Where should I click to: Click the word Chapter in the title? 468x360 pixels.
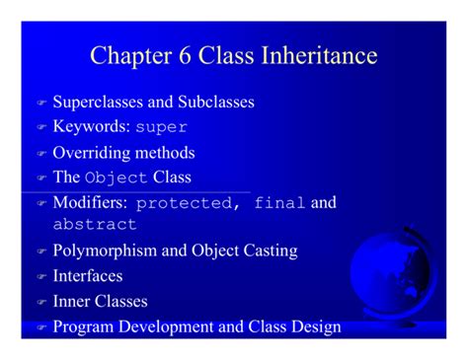click(x=127, y=55)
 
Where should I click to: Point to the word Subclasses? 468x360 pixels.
click(x=217, y=102)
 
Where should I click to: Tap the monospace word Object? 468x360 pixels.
click(x=117, y=179)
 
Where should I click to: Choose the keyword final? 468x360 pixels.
click(x=279, y=204)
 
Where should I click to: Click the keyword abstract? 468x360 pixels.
click(x=95, y=225)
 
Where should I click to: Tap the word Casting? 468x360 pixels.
click(x=267, y=251)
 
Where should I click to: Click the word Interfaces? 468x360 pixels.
click(x=88, y=276)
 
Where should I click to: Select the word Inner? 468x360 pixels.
click(x=72, y=302)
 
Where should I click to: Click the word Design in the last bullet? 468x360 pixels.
click(x=316, y=326)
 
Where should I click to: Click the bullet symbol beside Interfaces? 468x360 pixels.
click(x=41, y=278)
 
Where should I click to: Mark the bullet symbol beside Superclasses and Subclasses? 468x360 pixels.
click(x=41, y=104)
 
